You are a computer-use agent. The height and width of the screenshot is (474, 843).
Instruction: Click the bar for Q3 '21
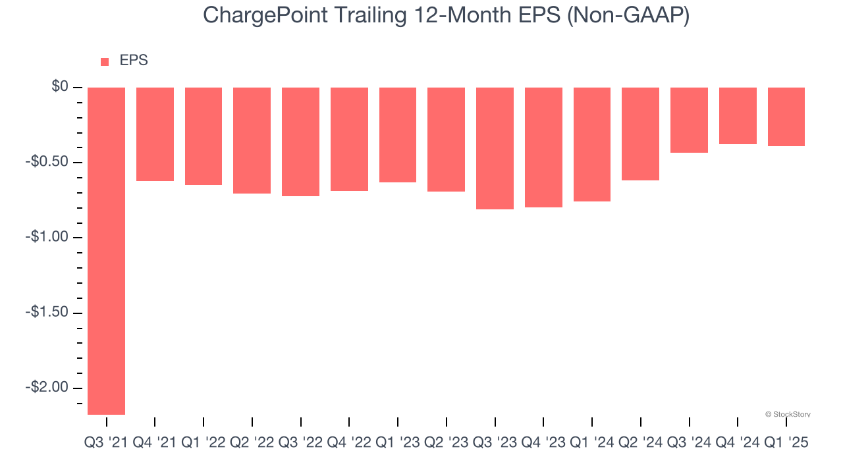106,251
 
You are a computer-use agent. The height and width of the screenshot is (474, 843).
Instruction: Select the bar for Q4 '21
155,134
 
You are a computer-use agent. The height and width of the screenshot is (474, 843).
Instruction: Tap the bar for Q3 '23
495,148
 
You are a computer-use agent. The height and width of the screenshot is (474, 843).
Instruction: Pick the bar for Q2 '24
640,134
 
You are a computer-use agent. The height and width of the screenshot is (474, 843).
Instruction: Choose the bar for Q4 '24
738,116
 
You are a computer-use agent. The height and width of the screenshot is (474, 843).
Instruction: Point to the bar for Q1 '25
786,117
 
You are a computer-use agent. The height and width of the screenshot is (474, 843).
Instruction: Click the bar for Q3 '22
300,142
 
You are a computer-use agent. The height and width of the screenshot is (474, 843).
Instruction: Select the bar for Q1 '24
592,144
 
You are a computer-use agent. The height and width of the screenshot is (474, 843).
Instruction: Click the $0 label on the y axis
60,87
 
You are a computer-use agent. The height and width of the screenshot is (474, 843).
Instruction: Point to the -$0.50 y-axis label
48,162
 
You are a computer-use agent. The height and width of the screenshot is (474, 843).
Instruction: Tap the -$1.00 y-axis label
48,237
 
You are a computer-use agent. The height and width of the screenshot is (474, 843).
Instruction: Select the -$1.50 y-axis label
48,312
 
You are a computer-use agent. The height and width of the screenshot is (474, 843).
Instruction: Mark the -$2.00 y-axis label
48,387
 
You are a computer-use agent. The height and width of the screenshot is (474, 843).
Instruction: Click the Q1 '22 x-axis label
203,443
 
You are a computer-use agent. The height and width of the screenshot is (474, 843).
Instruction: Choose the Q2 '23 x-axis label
446,443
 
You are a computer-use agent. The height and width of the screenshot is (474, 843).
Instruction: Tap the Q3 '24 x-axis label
689,443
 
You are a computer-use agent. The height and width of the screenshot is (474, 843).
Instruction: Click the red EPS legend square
105,62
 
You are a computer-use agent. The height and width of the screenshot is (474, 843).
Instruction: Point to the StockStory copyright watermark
788,414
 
